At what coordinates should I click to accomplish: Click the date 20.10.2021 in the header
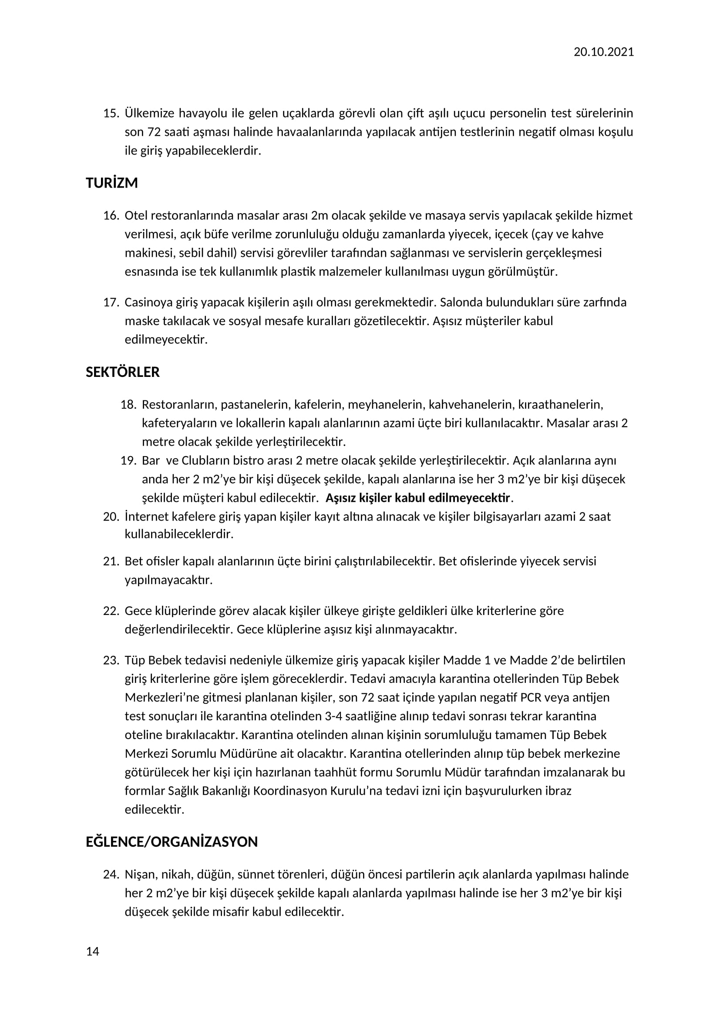603,52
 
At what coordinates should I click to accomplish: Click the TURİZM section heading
112,183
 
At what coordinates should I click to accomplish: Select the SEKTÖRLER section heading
122,372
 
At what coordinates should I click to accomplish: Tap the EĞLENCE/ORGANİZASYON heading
172,842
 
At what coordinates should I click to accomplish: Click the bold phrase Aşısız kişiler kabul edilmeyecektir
417,498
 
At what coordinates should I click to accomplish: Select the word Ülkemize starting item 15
149,114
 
